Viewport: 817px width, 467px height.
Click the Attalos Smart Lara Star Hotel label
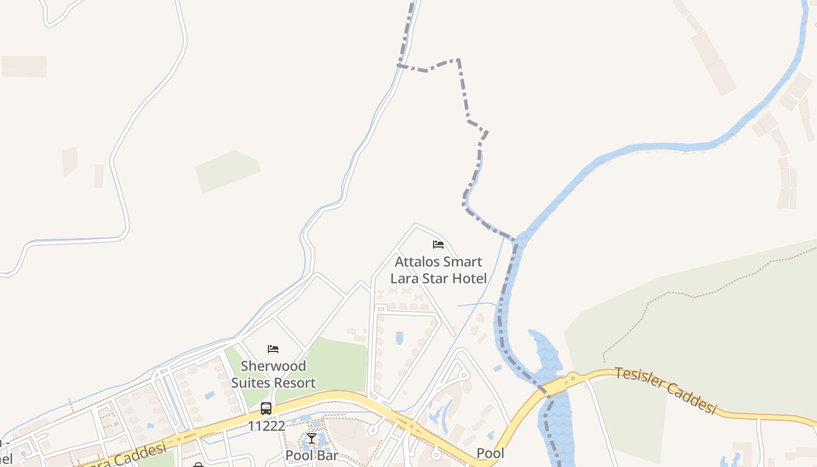point(438,270)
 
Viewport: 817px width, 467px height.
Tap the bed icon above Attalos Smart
point(438,245)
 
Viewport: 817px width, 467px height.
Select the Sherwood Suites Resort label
point(273,374)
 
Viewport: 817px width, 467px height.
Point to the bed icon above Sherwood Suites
point(273,349)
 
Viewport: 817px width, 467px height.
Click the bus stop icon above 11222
point(266,409)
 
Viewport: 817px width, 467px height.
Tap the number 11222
point(266,426)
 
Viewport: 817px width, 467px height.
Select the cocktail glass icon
point(312,438)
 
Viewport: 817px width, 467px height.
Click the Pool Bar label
point(312,455)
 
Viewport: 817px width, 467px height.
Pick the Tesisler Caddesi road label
point(665,391)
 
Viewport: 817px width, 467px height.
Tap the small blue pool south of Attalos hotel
point(399,337)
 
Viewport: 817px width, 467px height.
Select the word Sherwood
point(273,366)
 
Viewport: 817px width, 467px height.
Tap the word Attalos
point(417,262)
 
